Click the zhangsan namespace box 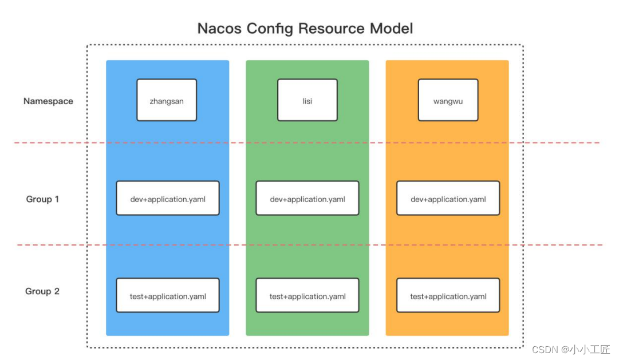[167, 100]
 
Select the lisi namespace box [307, 100]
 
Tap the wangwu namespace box [448, 100]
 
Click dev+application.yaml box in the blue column [168, 198]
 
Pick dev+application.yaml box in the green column [307, 198]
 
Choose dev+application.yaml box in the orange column [448, 198]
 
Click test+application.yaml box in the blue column [168, 295]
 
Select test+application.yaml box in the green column [307, 295]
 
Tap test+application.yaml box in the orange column [448, 295]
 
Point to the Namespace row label [48, 101]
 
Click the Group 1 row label [42, 199]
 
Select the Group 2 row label [42, 291]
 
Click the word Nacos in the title [219, 29]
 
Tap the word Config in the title [270, 29]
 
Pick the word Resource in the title [331, 29]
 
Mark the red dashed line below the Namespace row [307, 143]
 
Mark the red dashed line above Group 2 [309, 245]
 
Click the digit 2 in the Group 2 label [57, 291]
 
